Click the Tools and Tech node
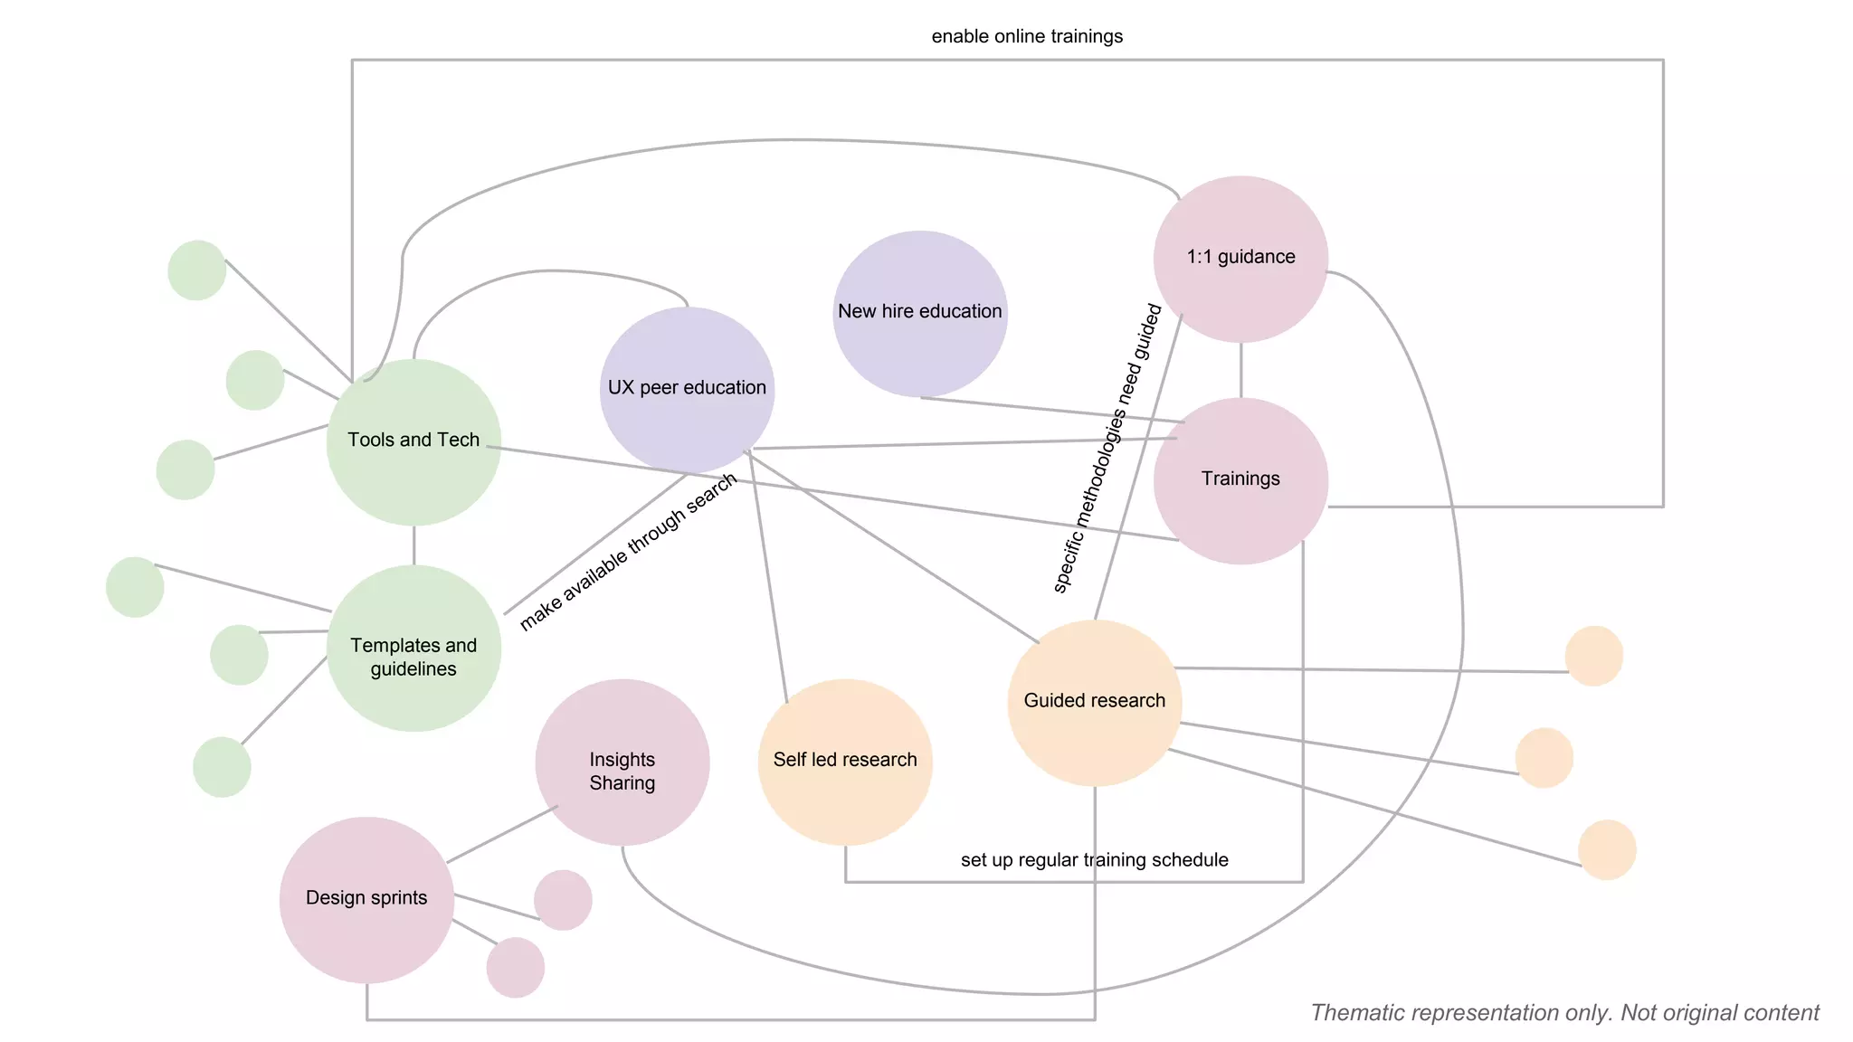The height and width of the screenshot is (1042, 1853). pos(413,441)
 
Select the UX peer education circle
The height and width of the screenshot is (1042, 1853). pos(687,389)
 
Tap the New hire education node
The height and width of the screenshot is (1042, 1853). pos(920,313)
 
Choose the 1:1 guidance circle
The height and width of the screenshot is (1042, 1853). pos(1240,259)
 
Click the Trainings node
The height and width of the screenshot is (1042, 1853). pos(1240,480)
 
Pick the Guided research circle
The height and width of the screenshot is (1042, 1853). pos(1094,702)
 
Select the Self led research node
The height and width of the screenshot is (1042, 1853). pos(845,762)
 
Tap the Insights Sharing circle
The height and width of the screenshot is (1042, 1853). pos(622,762)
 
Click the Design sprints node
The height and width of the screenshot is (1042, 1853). pos(366,899)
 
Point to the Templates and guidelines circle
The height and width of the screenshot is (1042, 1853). pos(413,648)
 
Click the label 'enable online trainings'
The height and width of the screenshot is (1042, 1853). pos(1027,36)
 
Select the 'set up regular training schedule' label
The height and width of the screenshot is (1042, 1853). pos(1094,859)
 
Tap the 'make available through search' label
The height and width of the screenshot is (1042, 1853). pos(628,552)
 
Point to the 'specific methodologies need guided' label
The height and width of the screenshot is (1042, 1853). pos(1107,449)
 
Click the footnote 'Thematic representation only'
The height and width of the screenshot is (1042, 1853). pos(1564,1012)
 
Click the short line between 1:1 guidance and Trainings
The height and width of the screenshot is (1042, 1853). pos(1240,370)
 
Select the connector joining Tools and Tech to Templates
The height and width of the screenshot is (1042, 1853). pos(413,545)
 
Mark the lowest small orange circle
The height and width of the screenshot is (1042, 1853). pos(1607,849)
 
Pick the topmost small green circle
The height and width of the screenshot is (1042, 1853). pos(197,270)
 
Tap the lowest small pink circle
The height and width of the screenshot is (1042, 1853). pos(516,967)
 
